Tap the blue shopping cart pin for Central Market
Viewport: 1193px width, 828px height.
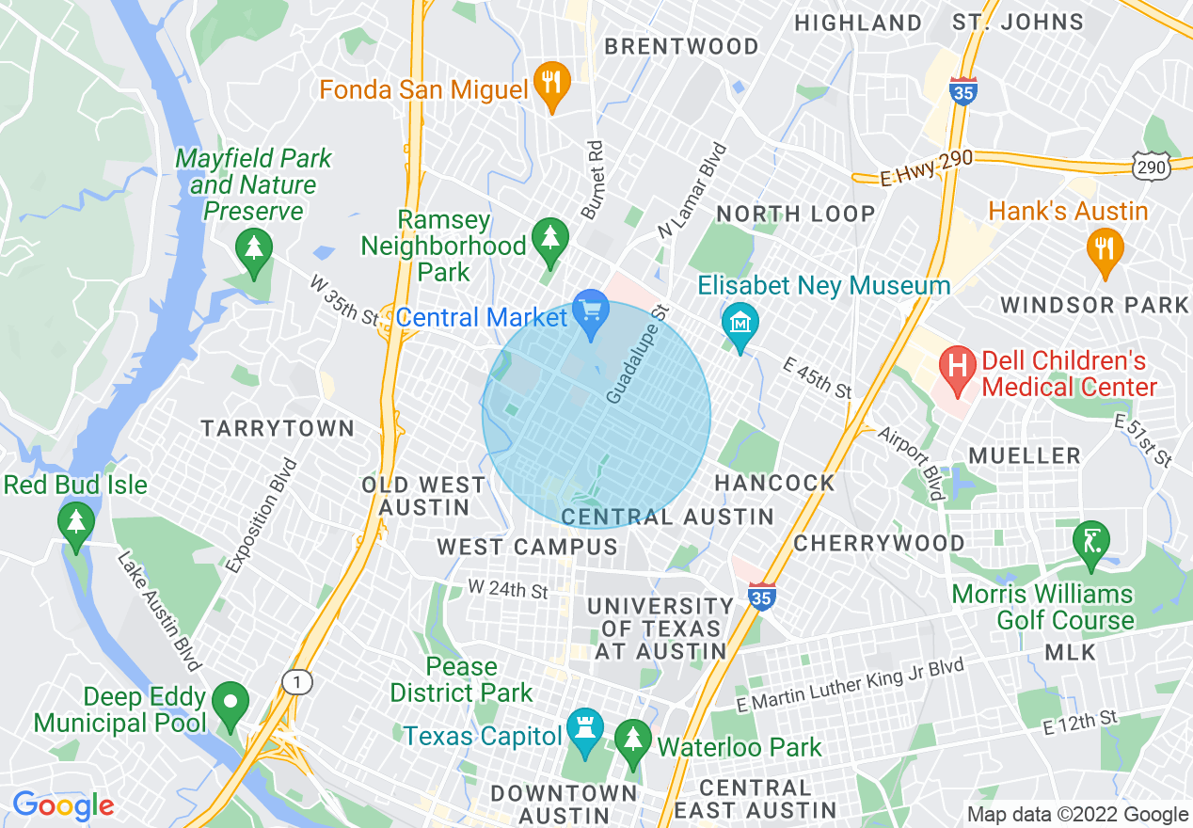[591, 312]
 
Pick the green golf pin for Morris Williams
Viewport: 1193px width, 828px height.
[1091, 543]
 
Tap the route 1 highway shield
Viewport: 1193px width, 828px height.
[298, 682]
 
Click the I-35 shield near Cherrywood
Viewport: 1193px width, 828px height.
[762, 593]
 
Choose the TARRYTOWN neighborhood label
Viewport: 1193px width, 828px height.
[278, 429]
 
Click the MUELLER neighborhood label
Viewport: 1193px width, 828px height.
[1025, 456]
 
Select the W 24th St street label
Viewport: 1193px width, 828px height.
[508, 591]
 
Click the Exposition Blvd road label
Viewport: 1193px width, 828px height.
[262, 516]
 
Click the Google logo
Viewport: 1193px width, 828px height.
[63, 805]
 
